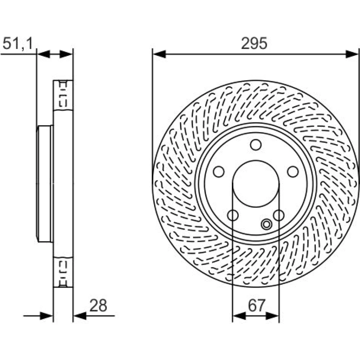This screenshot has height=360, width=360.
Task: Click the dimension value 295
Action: tap(254, 43)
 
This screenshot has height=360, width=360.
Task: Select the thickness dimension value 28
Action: tap(98, 305)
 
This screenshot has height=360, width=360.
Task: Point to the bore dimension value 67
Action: tap(256, 305)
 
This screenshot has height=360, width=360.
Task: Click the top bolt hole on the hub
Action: tap(256, 145)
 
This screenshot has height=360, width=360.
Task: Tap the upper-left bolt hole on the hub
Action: tap(219, 171)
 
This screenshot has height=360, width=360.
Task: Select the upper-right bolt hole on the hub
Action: tap(293, 171)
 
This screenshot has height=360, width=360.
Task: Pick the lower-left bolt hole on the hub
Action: tap(233, 215)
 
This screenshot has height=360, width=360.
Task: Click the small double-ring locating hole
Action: tap(266, 224)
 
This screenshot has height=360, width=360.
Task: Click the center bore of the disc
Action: tap(256, 184)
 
